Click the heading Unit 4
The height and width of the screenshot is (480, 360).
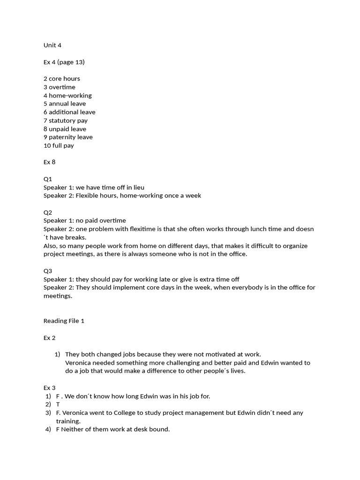point(52,45)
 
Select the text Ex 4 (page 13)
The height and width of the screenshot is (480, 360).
point(64,62)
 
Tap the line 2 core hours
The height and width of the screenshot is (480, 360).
point(62,79)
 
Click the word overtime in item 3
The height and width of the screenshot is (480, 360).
point(62,87)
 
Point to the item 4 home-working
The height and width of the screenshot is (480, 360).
point(67,96)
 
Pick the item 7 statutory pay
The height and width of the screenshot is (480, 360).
point(66,120)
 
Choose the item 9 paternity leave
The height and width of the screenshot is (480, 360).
point(68,137)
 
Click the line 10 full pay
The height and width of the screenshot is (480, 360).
point(59,146)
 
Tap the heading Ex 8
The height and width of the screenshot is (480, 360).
point(50,162)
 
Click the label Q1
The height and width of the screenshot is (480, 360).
point(48,179)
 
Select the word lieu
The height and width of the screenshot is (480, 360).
point(138,187)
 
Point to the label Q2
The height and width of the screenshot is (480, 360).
point(48,212)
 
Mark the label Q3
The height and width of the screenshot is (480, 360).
point(48,271)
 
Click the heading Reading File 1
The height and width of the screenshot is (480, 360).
point(64,321)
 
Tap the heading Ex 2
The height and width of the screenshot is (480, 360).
point(50,338)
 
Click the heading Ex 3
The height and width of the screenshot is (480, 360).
point(50,388)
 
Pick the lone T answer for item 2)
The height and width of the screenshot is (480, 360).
point(58,405)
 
